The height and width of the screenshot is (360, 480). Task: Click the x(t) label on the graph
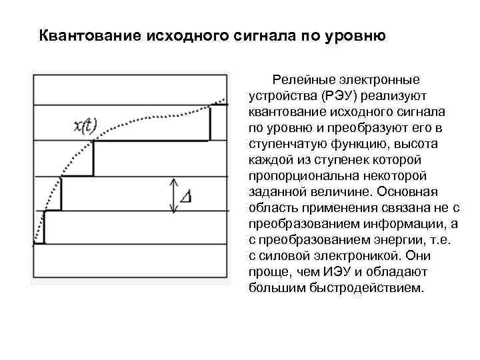tap(84, 125)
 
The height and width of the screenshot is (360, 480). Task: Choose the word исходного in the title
tap(181, 35)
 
